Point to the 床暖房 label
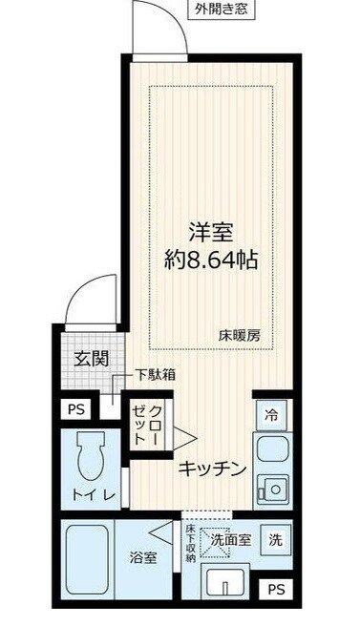point(238,335)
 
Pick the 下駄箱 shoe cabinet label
point(154,376)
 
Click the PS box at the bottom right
point(276,589)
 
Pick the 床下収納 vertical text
point(191,545)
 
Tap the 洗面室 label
point(230,539)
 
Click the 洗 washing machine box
point(274,539)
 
